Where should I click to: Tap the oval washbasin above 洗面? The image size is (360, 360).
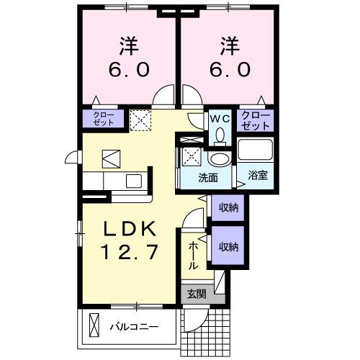point(217,159)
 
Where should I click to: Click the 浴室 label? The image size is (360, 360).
point(258,174)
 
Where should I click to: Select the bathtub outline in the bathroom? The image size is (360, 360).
point(256,152)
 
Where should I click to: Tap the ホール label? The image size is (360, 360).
point(193,255)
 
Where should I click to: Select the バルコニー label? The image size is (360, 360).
point(133,326)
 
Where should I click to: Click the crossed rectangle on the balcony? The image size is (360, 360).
point(92,325)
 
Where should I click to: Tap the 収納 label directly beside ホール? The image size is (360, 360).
point(228,247)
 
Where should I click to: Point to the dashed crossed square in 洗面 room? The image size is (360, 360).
point(192,154)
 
